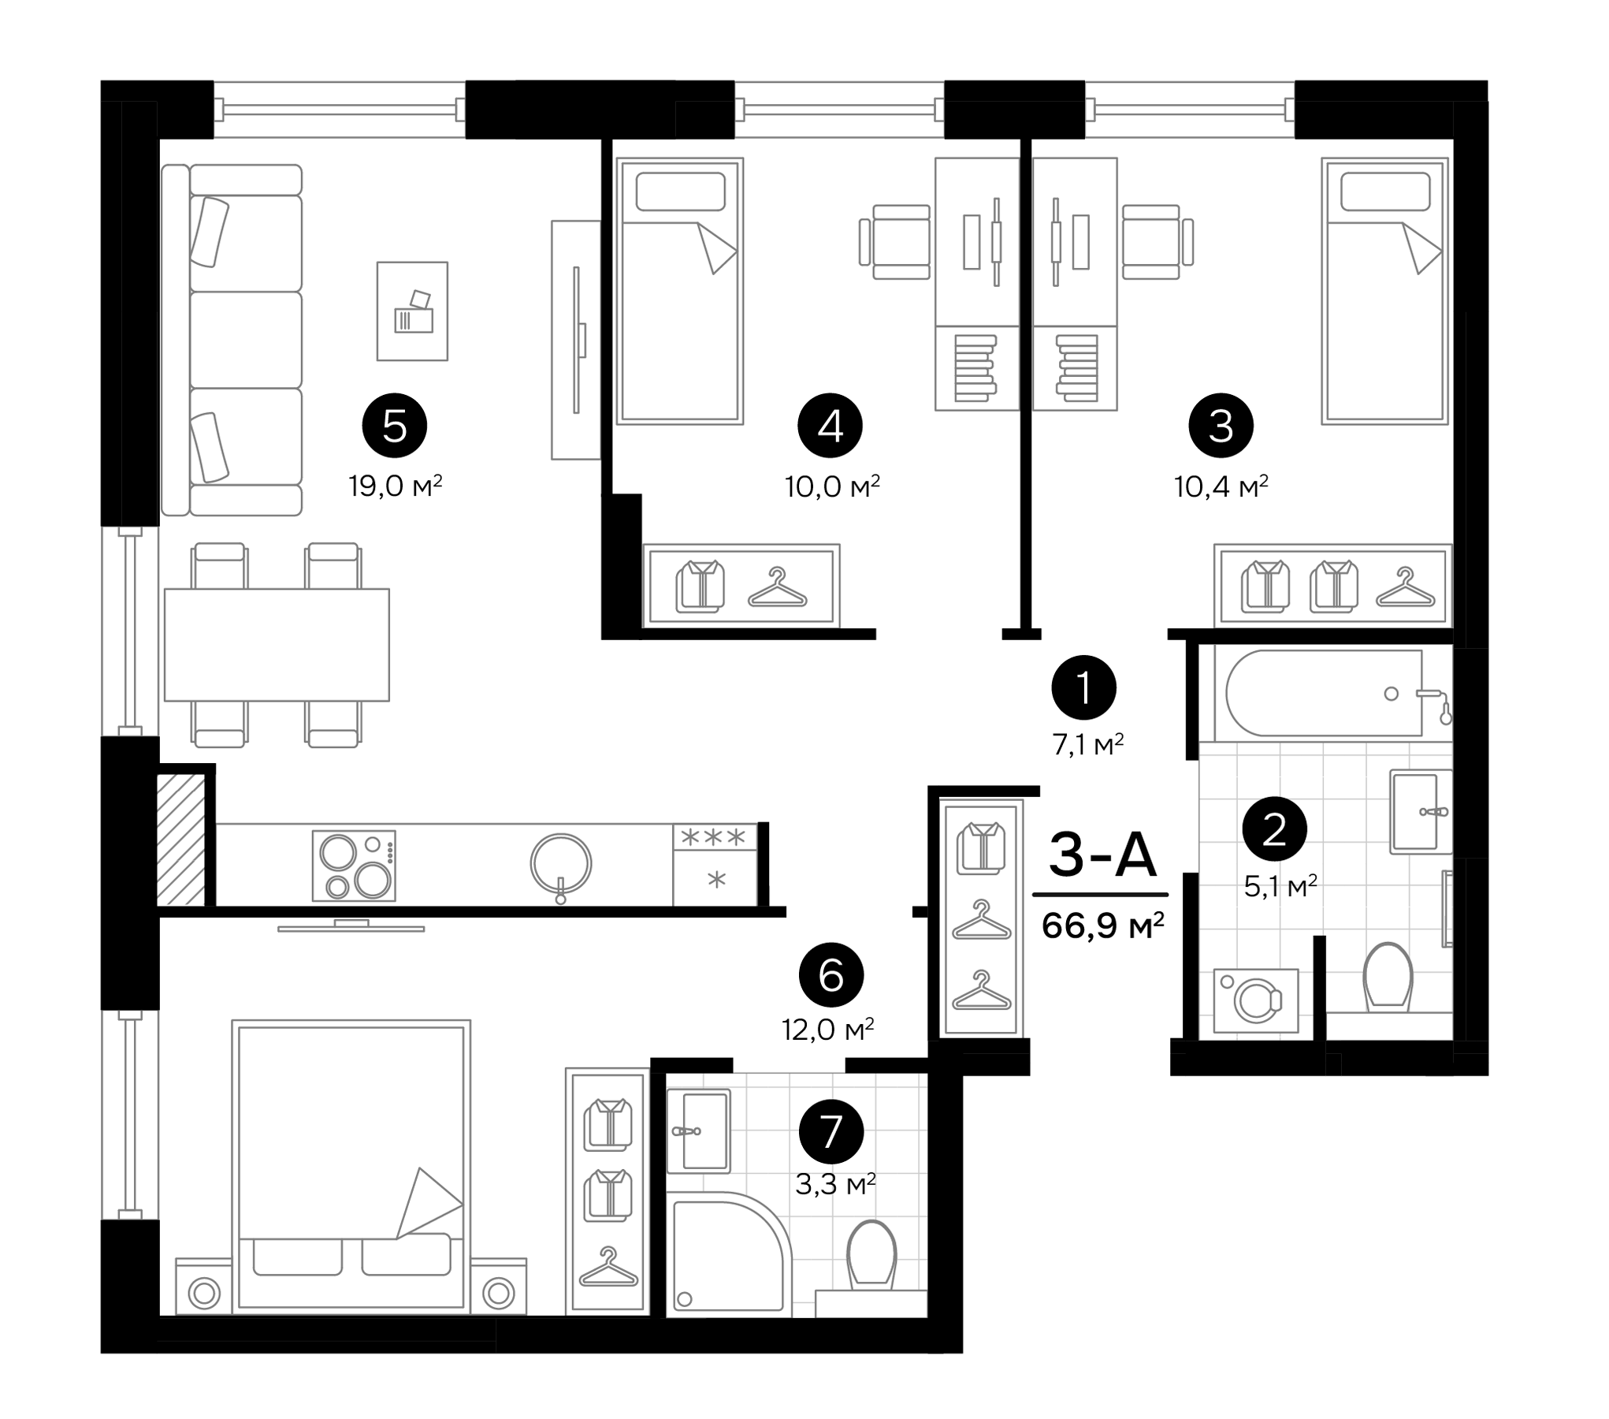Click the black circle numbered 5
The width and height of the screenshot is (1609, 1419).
[x=394, y=426]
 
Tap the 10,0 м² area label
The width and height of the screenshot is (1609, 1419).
[x=831, y=486]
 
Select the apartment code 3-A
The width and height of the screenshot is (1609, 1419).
[x=1102, y=855]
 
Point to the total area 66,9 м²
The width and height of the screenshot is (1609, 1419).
[x=1102, y=925]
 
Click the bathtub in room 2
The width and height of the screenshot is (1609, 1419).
[x=1323, y=694]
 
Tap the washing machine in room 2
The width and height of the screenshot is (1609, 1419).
[x=1255, y=1000]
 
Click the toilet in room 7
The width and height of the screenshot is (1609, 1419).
[x=871, y=1254]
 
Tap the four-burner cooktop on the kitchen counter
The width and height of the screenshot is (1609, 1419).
[x=354, y=866]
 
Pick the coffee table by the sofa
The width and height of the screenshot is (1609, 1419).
[x=412, y=311]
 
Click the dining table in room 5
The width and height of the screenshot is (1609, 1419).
[x=277, y=644]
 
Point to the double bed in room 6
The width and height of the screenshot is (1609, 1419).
[x=351, y=1167]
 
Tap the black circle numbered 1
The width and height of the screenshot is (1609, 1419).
[x=1083, y=688]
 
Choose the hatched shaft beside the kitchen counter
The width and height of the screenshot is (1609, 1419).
[x=181, y=839]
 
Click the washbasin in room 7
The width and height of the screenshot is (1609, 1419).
[x=699, y=1130]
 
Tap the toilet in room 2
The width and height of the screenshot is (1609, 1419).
[x=1388, y=978]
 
